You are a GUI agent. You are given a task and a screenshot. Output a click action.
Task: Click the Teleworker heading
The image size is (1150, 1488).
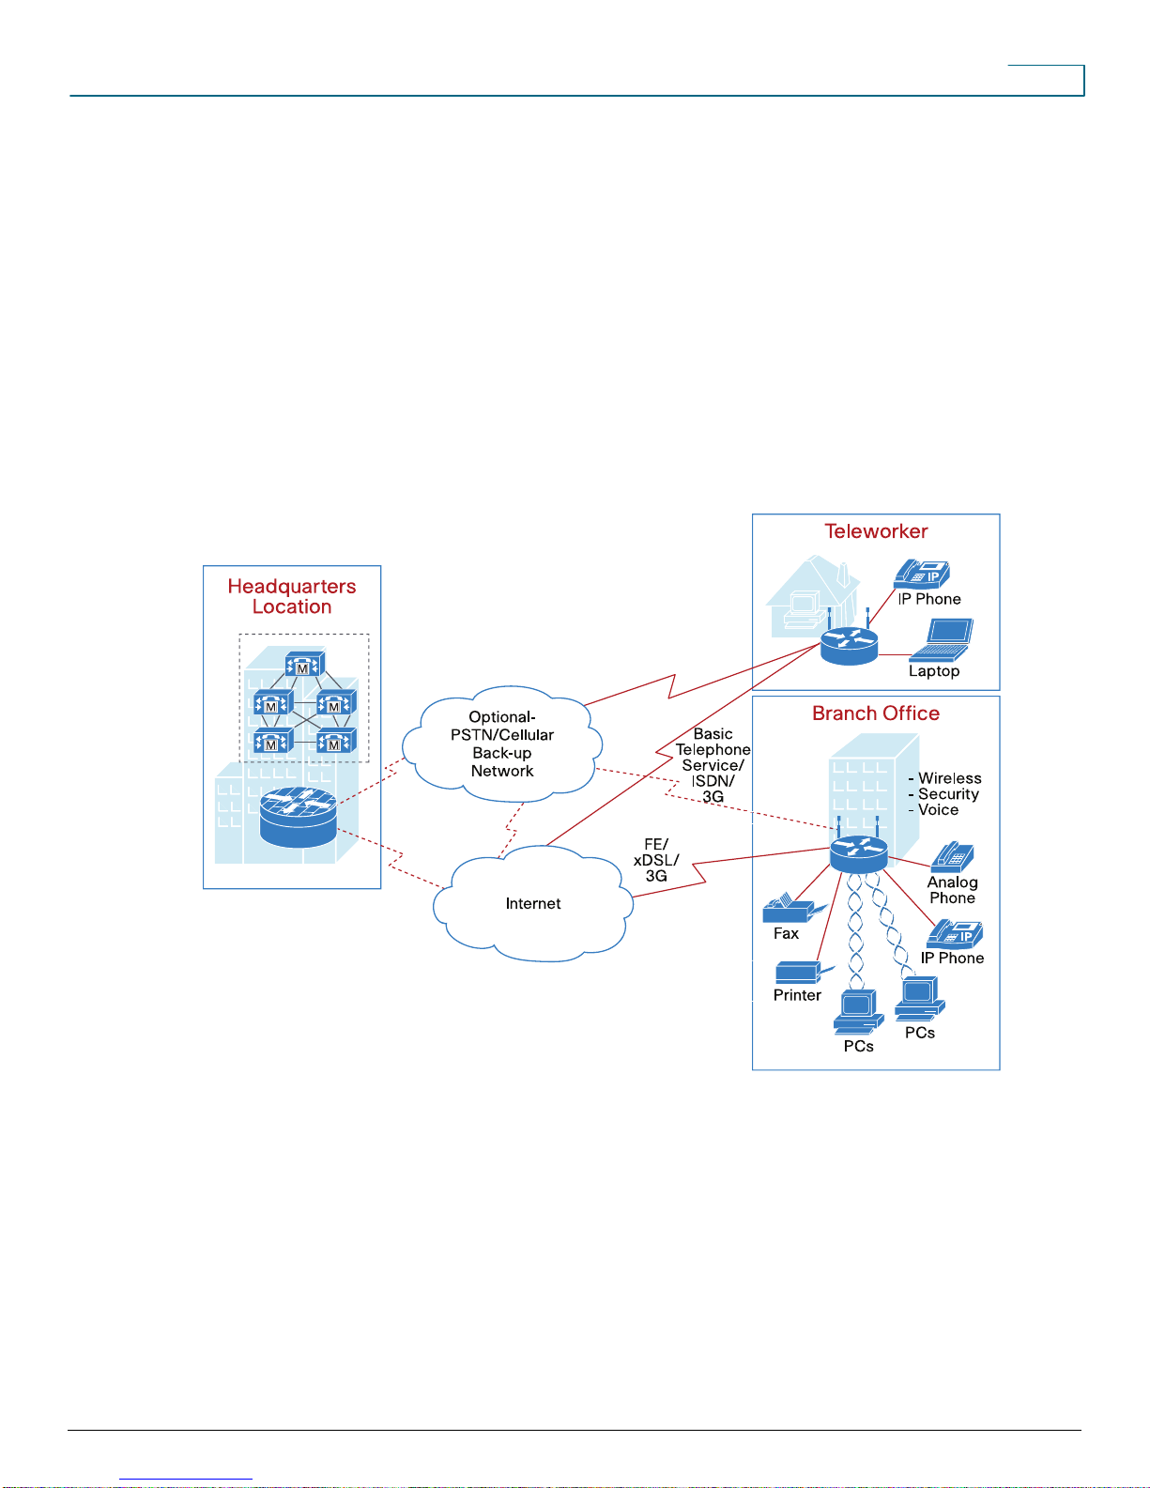coord(876,531)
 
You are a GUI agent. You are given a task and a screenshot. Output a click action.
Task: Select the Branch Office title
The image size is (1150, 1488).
coord(876,713)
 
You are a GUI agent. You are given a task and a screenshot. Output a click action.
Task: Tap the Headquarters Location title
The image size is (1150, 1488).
coord(292,596)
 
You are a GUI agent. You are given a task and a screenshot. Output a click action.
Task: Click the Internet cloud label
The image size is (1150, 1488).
coord(532,904)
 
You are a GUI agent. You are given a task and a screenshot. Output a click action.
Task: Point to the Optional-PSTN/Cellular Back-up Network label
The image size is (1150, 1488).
coord(501,744)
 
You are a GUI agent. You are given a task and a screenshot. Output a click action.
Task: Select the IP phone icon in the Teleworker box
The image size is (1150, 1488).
coord(922,574)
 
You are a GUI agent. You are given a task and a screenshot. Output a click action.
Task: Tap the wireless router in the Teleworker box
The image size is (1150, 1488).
coord(849,642)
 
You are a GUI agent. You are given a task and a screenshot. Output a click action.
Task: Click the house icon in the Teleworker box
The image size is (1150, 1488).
coord(813,596)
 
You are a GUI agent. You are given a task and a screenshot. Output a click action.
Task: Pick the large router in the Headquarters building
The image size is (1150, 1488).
coord(299,817)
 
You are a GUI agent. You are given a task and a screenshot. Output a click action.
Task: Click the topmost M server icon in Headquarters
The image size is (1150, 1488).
coord(304,665)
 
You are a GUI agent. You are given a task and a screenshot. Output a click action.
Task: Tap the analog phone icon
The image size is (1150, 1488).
coord(952,856)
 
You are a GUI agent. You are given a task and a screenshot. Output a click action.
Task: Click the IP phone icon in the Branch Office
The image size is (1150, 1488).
coord(955,934)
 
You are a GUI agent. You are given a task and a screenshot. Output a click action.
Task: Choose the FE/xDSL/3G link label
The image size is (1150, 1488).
coord(656,860)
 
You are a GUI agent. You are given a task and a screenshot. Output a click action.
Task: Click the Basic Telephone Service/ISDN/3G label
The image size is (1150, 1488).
coord(713,765)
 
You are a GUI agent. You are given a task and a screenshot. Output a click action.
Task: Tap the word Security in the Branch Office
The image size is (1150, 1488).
coord(948,794)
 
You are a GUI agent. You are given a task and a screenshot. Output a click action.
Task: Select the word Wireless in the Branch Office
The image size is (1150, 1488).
coord(949,778)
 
